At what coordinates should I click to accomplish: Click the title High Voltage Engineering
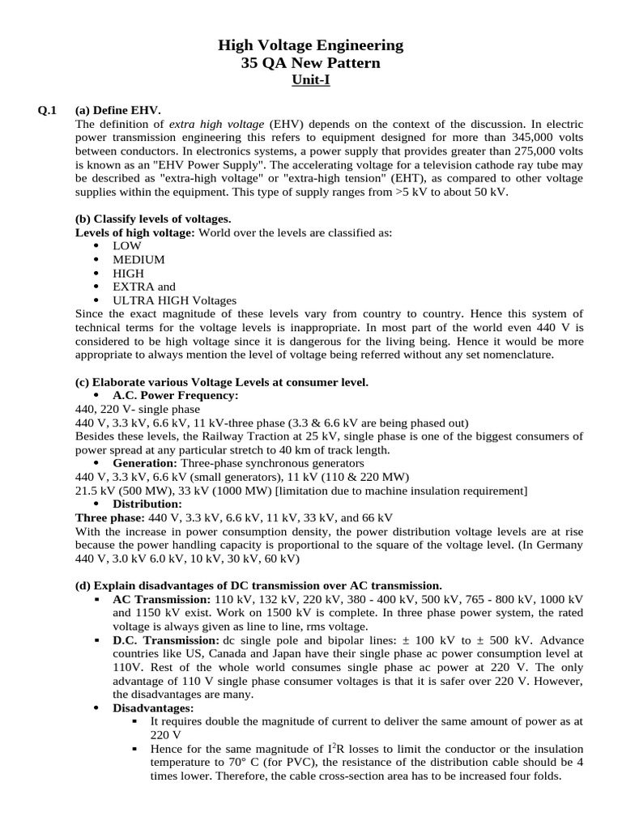coord(310,46)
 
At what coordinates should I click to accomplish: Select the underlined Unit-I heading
coord(310,81)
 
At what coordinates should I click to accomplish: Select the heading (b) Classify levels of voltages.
coord(153,219)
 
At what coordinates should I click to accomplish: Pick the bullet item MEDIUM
coord(138,259)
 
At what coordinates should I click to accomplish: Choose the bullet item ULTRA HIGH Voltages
coord(175,300)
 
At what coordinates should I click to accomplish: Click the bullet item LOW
coord(127,245)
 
